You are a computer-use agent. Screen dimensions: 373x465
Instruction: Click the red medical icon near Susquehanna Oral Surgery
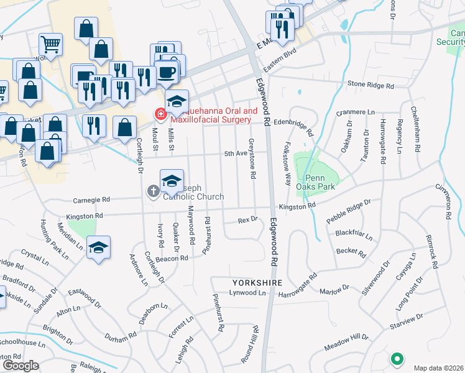[x=160, y=114]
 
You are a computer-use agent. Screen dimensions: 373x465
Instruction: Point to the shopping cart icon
[x=51, y=44]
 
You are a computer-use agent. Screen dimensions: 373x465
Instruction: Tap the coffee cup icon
[x=167, y=72]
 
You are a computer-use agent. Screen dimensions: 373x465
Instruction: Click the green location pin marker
[x=396, y=359]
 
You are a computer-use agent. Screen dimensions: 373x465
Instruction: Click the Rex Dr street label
[x=247, y=220]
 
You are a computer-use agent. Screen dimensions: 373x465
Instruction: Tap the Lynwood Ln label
[x=247, y=292]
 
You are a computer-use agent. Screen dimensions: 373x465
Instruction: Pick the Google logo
[x=20, y=366]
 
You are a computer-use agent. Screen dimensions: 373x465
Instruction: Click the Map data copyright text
[x=439, y=367]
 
